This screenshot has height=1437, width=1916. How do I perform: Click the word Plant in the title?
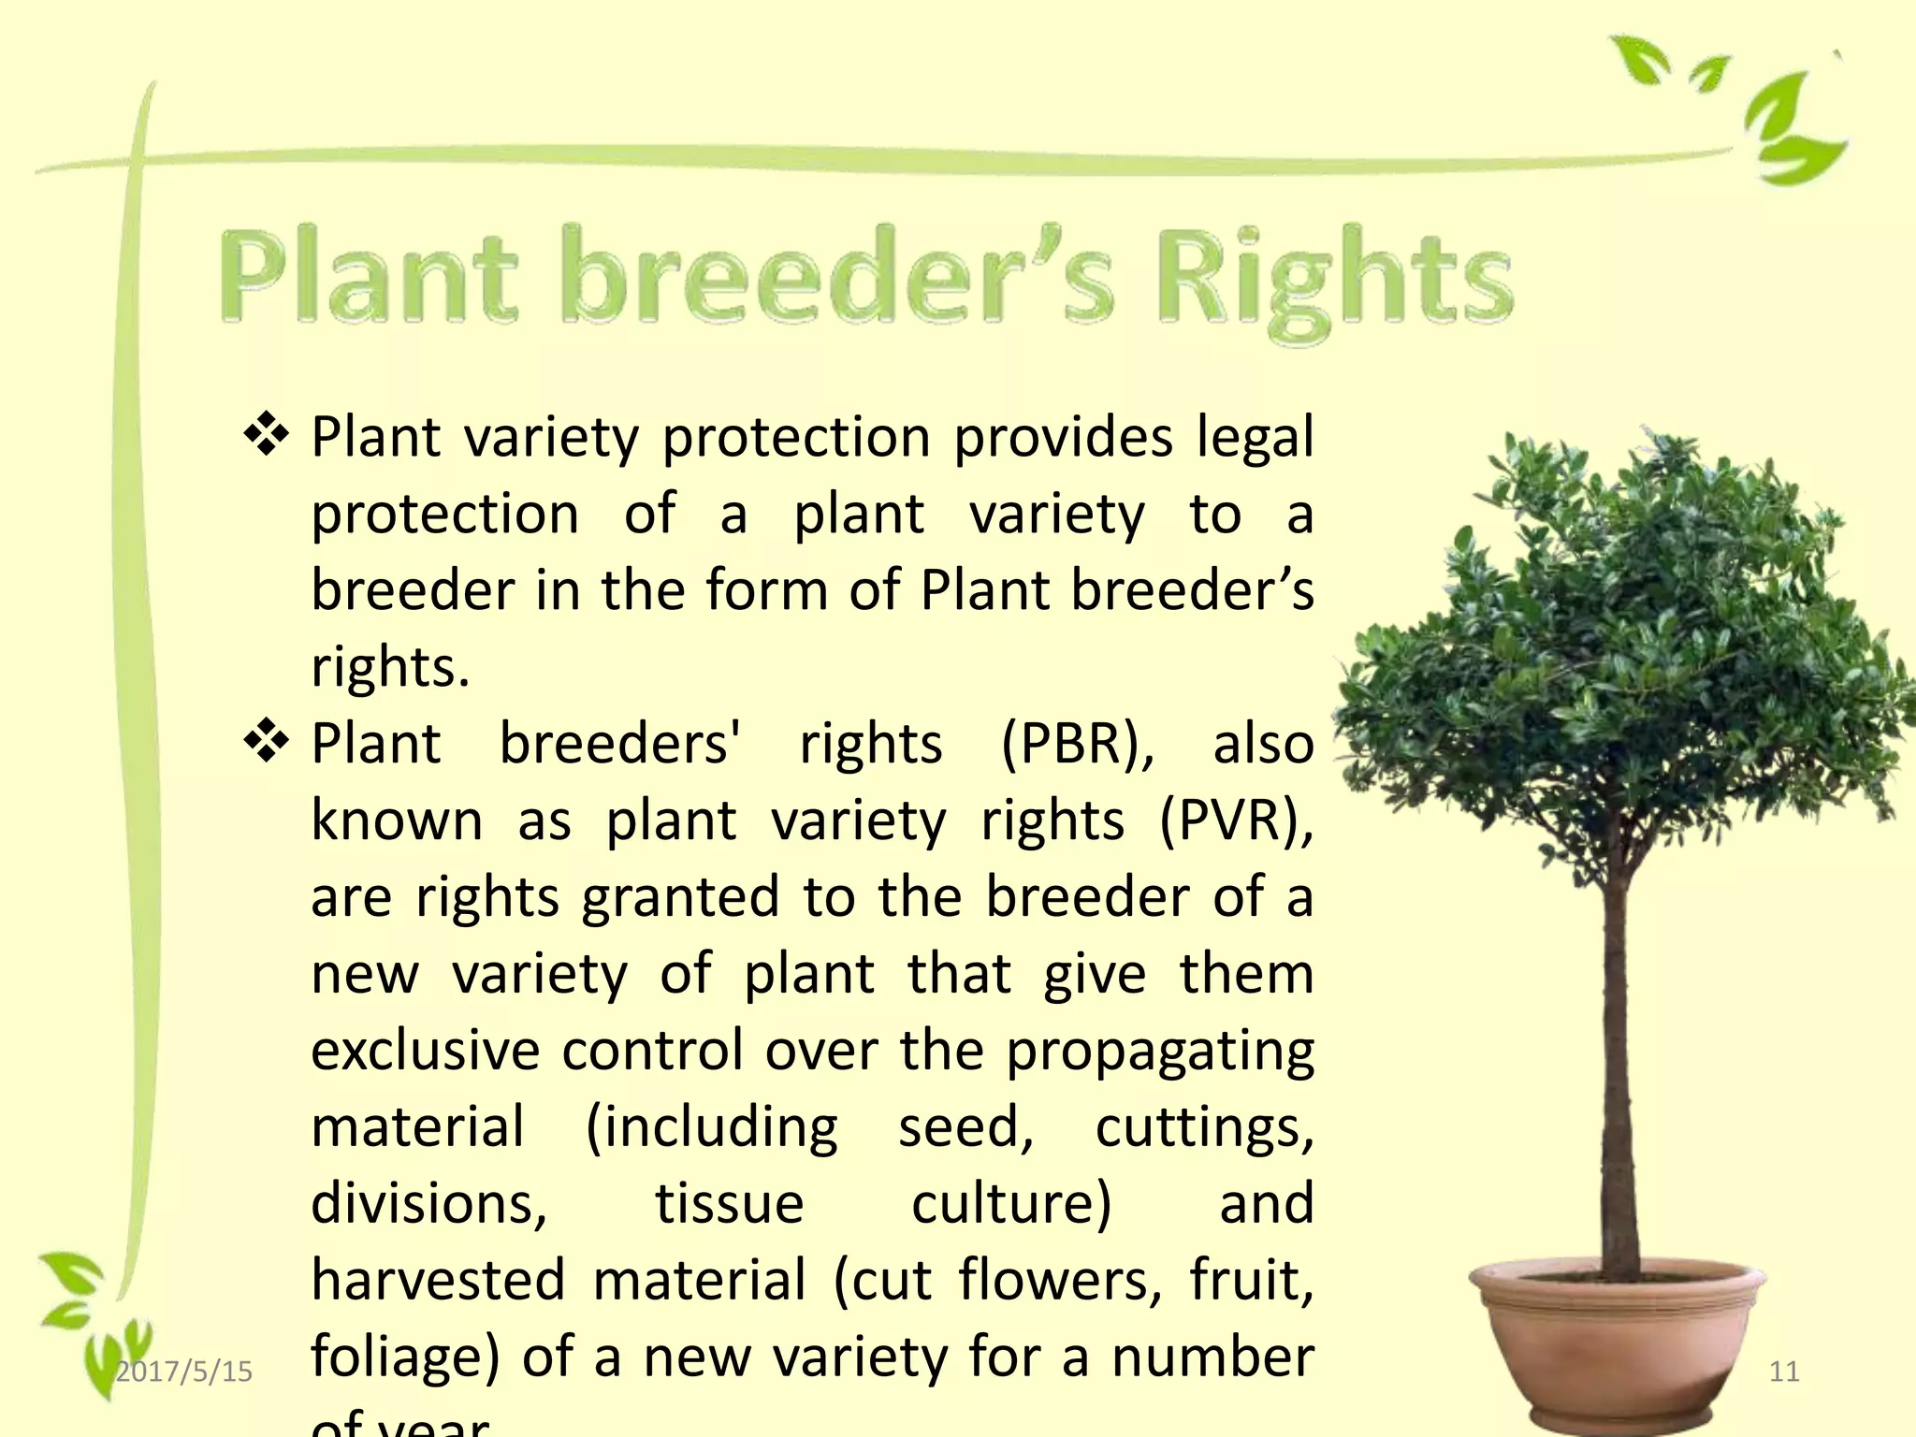(368, 278)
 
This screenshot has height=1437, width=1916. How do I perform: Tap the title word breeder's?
(837, 278)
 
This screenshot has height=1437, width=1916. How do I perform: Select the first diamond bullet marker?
(267, 435)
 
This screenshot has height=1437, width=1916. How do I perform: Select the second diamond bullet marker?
(267, 742)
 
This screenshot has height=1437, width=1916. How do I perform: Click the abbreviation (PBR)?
(1078, 746)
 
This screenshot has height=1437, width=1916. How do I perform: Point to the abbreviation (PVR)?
(1237, 822)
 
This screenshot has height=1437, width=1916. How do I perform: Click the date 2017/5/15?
(184, 1372)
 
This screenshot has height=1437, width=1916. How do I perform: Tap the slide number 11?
(1784, 1372)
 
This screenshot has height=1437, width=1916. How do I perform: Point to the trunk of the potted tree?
(1617, 1076)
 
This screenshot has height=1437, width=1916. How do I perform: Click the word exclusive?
(426, 1050)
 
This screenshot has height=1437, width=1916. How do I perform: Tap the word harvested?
(438, 1280)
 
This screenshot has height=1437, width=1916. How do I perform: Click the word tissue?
(729, 1203)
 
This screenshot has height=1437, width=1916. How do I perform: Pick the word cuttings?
(1204, 1128)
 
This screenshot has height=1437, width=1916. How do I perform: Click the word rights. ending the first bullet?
(390, 669)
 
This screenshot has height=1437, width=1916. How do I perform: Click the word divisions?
(428, 1204)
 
